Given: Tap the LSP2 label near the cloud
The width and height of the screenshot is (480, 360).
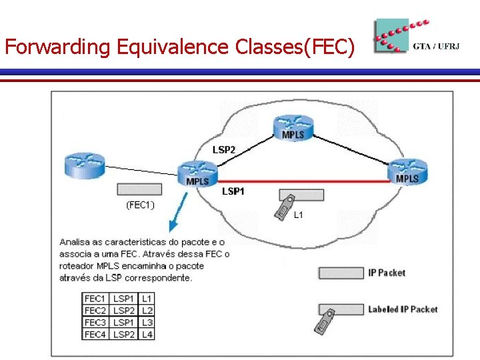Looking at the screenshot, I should click(x=224, y=150).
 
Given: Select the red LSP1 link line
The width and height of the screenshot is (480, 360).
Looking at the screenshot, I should click(x=300, y=181).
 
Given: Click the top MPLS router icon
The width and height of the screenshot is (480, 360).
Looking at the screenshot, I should click(x=293, y=127).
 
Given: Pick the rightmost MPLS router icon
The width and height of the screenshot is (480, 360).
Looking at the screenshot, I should click(x=407, y=171).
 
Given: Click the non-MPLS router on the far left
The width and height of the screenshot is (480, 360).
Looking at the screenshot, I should click(x=85, y=165).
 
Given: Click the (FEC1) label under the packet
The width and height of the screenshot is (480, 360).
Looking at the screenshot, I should click(x=140, y=205).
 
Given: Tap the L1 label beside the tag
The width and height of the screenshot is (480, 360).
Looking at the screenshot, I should click(x=299, y=215).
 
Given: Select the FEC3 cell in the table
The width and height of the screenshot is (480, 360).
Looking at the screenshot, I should click(x=95, y=322).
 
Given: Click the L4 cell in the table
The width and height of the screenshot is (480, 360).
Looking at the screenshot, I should click(x=147, y=333).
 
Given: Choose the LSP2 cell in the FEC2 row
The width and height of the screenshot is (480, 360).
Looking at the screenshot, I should click(x=123, y=311).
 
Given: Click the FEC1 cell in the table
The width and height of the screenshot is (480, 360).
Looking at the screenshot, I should click(x=95, y=299).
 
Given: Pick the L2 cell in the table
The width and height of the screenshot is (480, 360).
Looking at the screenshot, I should click(x=147, y=311).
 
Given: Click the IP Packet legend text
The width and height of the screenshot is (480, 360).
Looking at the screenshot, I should click(x=387, y=273).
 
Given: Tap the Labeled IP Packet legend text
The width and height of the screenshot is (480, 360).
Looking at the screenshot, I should click(x=403, y=309).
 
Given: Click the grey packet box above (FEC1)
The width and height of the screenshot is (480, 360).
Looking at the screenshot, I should click(x=139, y=189).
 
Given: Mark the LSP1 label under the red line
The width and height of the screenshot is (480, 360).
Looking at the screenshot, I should click(x=233, y=191).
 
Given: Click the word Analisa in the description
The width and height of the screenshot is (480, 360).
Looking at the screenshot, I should click(x=74, y=242).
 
